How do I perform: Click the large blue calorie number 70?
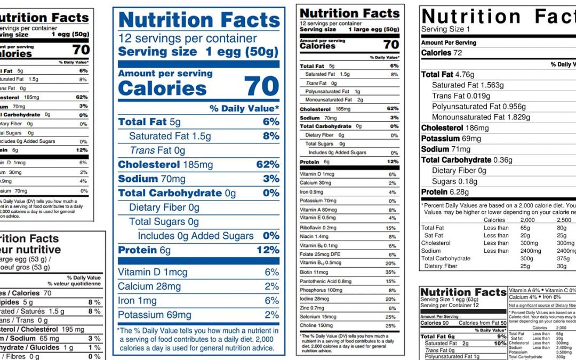[261, 86]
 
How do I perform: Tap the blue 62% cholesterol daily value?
[267, 165]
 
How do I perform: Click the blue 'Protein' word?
[138, 250]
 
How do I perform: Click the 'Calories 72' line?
[442, 53]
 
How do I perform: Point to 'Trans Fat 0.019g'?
[461, 96]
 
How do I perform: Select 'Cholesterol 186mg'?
[454, 128]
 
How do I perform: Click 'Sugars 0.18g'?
[454, 181]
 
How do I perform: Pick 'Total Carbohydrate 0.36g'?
[466, 160]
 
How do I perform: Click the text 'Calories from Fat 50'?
[482, 323]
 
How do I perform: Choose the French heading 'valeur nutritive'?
[31, 250]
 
